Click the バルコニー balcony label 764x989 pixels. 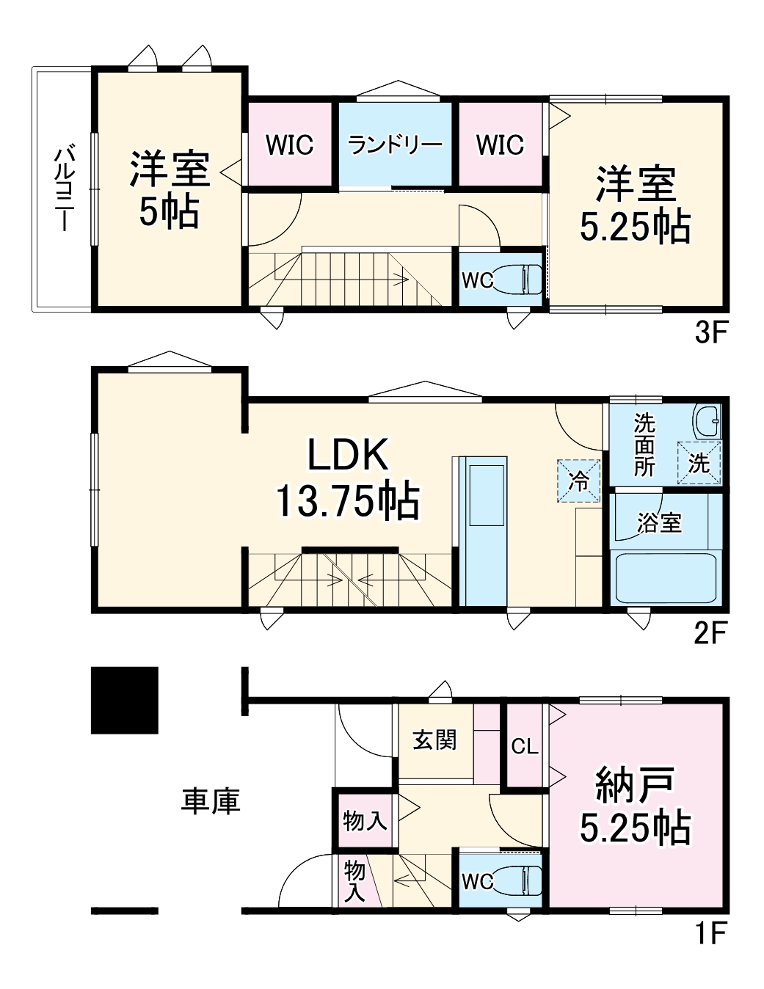(x=64, y=189)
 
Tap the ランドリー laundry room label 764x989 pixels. (x=395, y=145)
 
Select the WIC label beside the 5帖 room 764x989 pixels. (x=290, y=145)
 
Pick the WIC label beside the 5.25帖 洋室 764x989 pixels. (x=500, y=145)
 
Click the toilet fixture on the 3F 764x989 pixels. (x=517, y=279)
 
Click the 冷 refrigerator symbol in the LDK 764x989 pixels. (x=578, y=481)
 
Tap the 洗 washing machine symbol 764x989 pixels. (x=699, y=462)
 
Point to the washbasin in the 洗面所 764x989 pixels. (x=707, y=421)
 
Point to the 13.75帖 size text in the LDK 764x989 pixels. (x=349, y=500)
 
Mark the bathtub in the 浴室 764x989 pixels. (x=666, y=577)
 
